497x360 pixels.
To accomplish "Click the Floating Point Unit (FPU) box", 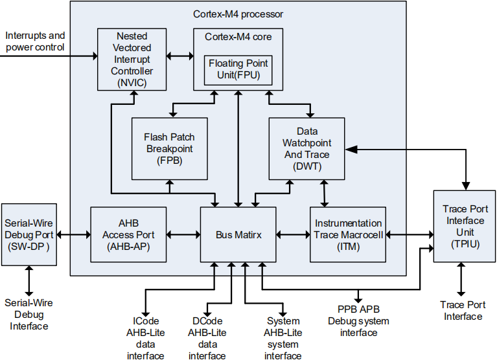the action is pyautogui.click(x=238, y=71).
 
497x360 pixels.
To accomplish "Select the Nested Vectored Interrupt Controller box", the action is pyautogui.click(x=132, y=60).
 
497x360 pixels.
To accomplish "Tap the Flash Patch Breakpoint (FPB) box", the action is pyautogui.click(x=170, y=149).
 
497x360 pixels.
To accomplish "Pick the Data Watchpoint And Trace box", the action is pyautogui.click(x=307, y=149).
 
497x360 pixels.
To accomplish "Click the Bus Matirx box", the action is pyautogui.click(x=238, y=234).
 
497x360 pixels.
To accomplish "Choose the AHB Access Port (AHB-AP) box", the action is pyautogui.click(x=128, y=234).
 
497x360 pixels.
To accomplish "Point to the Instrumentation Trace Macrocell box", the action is pyautogui.click(x=348, y=234).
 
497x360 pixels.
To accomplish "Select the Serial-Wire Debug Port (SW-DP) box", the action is pyautogui.click(x=29, y=234).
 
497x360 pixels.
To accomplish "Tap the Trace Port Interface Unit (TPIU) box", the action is pyautogui.click(x=465, y=226).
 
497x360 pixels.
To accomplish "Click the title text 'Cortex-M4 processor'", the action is pyautogui.click(x=238, y=14).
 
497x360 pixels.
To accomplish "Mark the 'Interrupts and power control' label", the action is pyautogui.click(x=35, y=41).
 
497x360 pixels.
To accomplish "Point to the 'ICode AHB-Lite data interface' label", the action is pyautogui.click(x=146, y=339).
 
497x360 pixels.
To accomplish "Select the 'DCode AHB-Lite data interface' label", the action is pyautogui.click(x=207, y=339).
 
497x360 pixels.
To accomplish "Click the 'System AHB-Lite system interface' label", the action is pyautogui.click(x=283, y=339).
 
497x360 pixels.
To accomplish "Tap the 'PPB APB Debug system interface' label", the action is pyautogui.click(x=358, y=321).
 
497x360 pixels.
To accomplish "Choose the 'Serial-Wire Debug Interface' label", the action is pyautogui.click(x=29, y=315).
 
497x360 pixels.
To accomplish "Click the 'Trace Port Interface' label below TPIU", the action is pyautogui.click(x=463, y=311).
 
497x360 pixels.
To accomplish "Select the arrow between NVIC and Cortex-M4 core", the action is pyautogui.click(x=180, y=56).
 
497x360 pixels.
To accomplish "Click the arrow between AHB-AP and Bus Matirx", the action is pyautogui.click(x=183, y=234).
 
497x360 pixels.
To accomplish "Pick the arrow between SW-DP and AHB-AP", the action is pyautogui.click(x=73, y=234).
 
